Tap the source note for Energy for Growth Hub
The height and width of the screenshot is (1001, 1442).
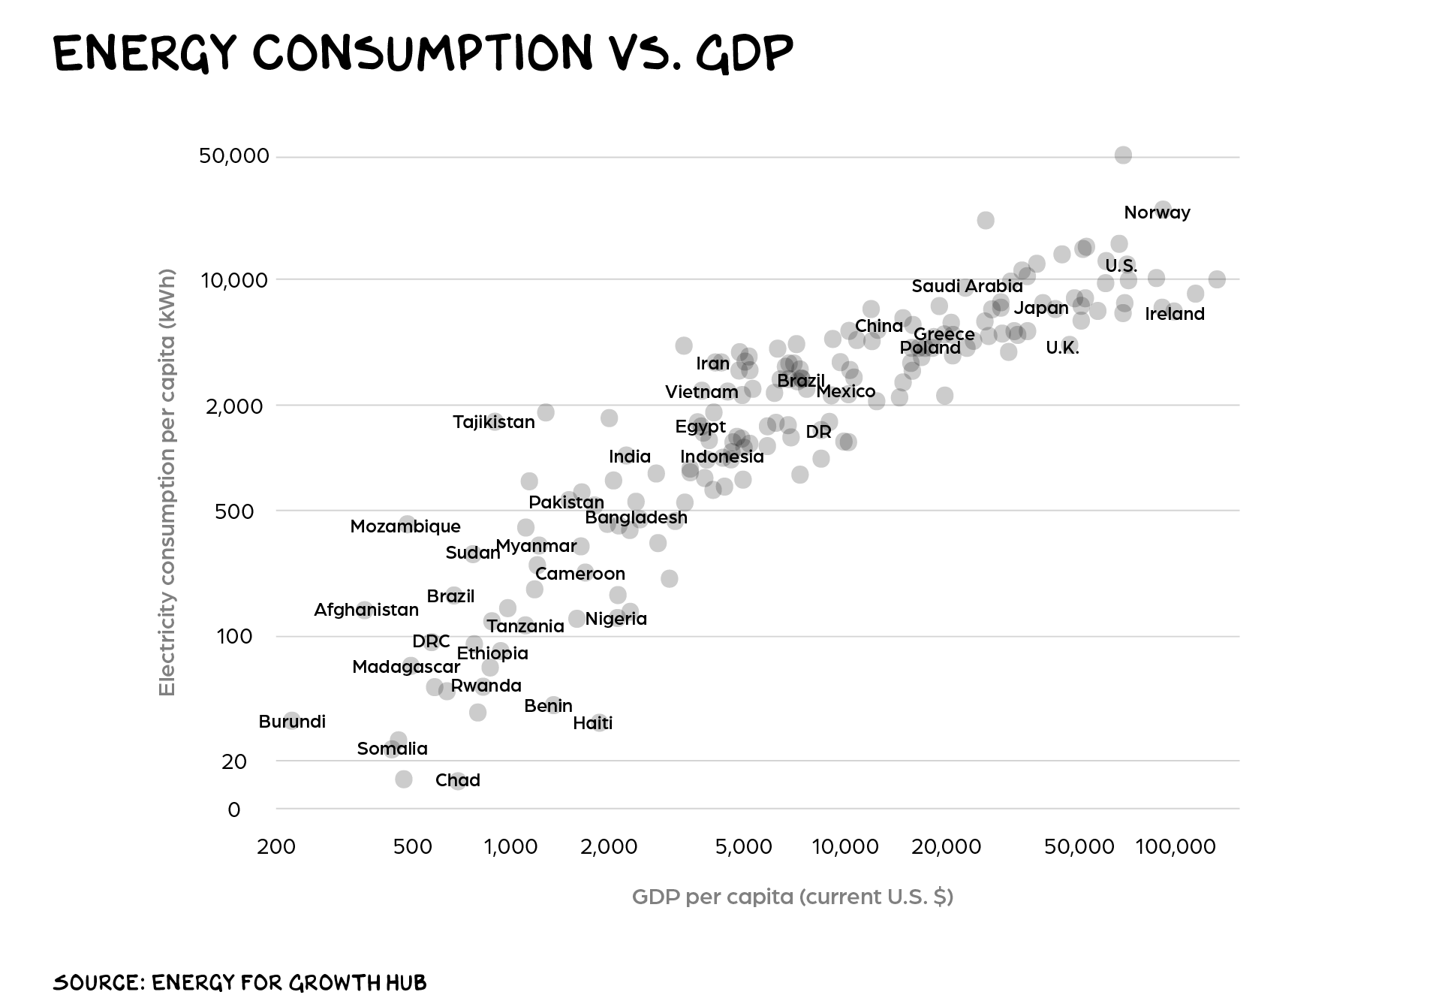pyautogui.click(x=239, y=981)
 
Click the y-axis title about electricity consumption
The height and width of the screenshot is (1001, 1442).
pyautogui.click(x=167, y=483)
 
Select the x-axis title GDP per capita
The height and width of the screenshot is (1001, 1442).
pyautogui.click(x=792, y=897)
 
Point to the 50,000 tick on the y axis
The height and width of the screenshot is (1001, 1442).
pyautogui.click(x=234, y=156)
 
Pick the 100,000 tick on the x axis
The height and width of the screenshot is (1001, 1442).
pyautogui.click(x=1175, y=847)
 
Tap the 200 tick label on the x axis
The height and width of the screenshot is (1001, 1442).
pyautogui.click(x=276, y=847)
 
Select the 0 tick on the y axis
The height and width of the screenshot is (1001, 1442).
pyautogui.click(x=234, y=810)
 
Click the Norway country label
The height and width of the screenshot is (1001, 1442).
pyautogui.click(x=1157, y=213)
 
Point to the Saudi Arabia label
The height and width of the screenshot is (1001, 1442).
pyautogui.click(x=967, y=286)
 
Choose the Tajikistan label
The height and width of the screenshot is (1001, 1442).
pyautogui.click(x=494, y=422)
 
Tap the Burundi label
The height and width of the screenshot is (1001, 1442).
pyautogui.click(x=292, y=722)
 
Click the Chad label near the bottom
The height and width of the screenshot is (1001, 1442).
pyautogui.click(x=458, y=780)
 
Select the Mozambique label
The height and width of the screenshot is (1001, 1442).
pyautogui.click(x=405, y=526)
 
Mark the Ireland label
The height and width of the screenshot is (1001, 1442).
pyautogui.click(x=1174, y=314)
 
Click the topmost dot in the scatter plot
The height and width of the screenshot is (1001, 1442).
pyautogui.click(x=1123, y=155)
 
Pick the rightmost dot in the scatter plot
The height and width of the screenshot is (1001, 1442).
pyautogui.click(x=1217, y=279)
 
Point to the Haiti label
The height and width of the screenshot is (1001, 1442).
pyautogui.click(x=592, y=723)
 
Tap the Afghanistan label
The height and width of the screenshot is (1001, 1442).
pyautogui.click(x=366, y=610)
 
